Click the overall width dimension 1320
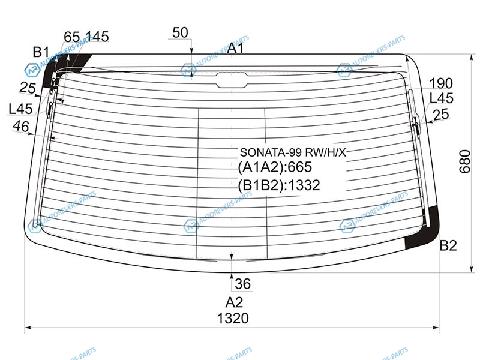(233, 319)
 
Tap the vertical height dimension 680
(464, 161)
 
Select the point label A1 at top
(236, 48)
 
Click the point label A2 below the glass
(234, 302)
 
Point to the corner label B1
(41, 52)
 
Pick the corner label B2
(448, 245)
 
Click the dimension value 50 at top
(180, 32)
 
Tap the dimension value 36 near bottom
(243, 284)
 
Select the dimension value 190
(441, 83)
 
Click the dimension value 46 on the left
(21, 126)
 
